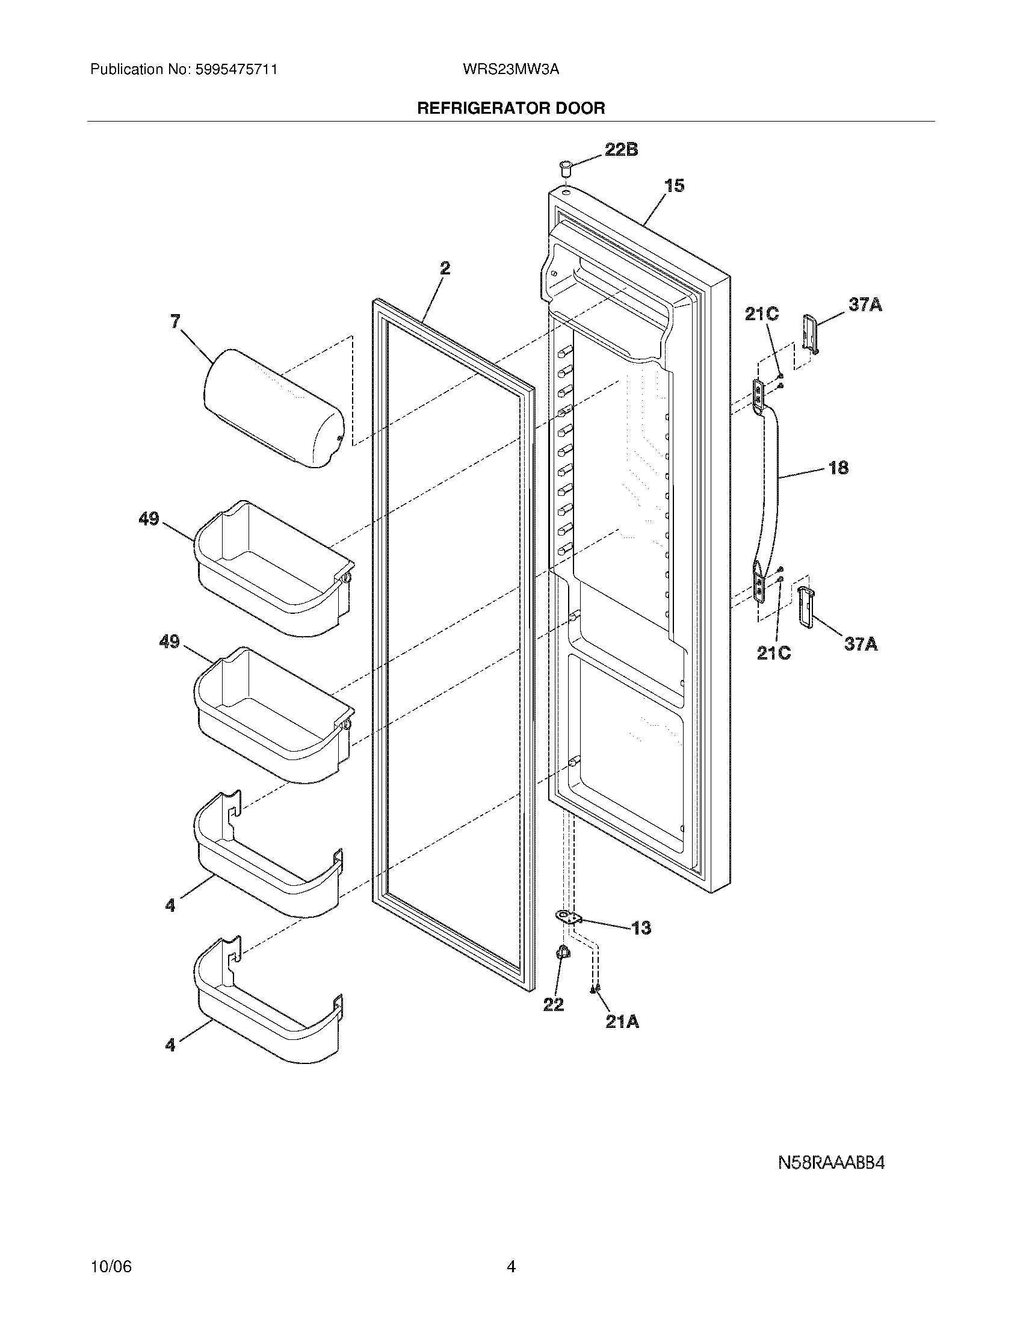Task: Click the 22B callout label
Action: click(621, 150)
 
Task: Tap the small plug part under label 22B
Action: click(566, 166)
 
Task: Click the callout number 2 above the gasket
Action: click(445, 268)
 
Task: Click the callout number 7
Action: click(175, 322)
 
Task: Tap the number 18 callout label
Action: click(838, 468)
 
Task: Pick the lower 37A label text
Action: click(861, 644)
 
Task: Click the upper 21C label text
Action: click(762, 314)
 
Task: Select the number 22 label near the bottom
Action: click(553, 1004)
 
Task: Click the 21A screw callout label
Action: click(622, 1022)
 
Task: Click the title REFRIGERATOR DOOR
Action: click(511, 108)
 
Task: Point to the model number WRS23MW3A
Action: click(510, 69)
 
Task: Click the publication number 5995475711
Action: click(237, 69)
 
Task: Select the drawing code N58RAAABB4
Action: click(832, 1163)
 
